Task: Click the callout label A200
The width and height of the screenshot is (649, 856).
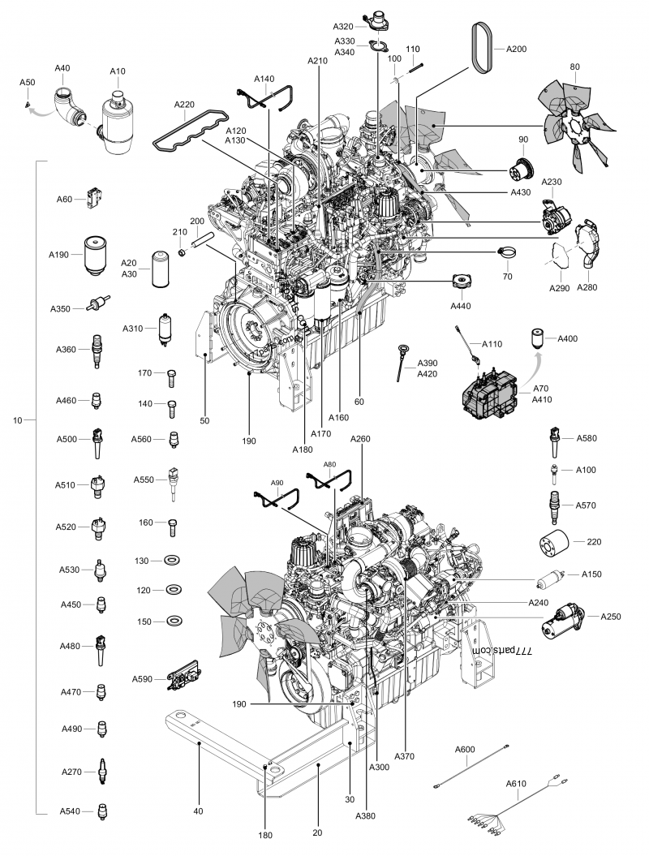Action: click(x=516, y=49)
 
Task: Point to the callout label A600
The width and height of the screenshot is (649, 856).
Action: click(x=464, y=749)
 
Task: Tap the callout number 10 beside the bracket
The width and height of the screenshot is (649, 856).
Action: click(x=19, y=420)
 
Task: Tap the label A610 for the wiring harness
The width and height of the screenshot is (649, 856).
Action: click(x=516, y=784)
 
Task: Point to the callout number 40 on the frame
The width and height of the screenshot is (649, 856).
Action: click(x=198, y=810)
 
